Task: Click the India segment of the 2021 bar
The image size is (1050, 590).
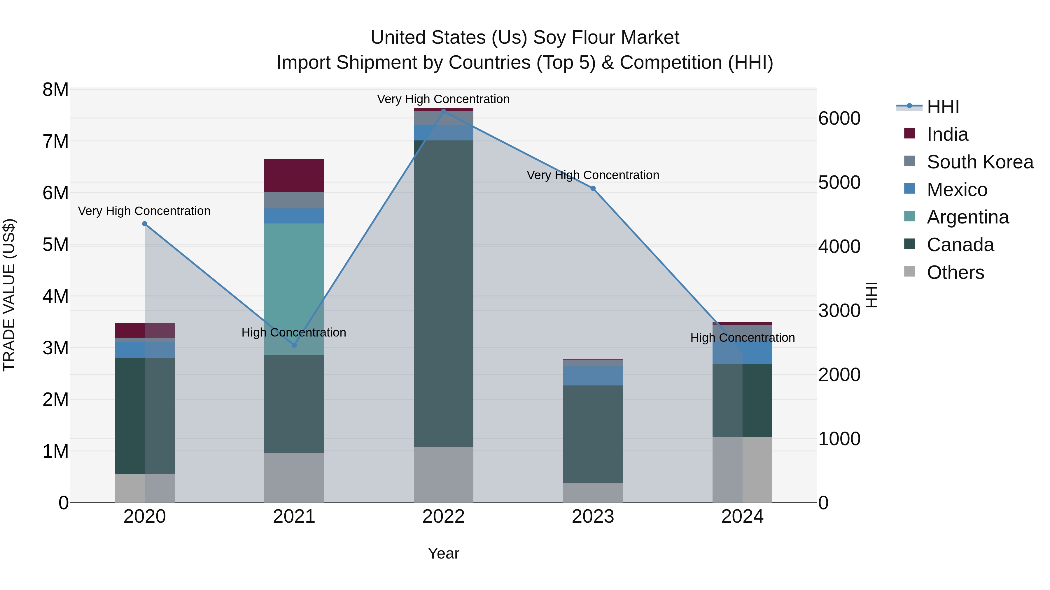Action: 294,175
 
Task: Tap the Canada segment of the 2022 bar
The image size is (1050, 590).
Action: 443,293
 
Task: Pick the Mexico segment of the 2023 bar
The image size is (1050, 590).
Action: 593,376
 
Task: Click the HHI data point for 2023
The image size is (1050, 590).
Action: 593,189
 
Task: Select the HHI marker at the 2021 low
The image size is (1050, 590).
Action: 294,345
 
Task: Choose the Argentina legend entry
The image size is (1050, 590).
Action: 968,217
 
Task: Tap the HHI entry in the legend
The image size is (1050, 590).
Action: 942,107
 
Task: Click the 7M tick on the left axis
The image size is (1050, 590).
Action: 55,142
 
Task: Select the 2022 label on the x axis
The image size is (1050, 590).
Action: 443,517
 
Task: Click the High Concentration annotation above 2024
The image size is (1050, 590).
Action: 742,338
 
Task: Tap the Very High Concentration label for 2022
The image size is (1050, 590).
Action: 443,99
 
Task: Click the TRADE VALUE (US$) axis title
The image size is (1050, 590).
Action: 9,295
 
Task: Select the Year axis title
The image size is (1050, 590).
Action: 443,553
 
